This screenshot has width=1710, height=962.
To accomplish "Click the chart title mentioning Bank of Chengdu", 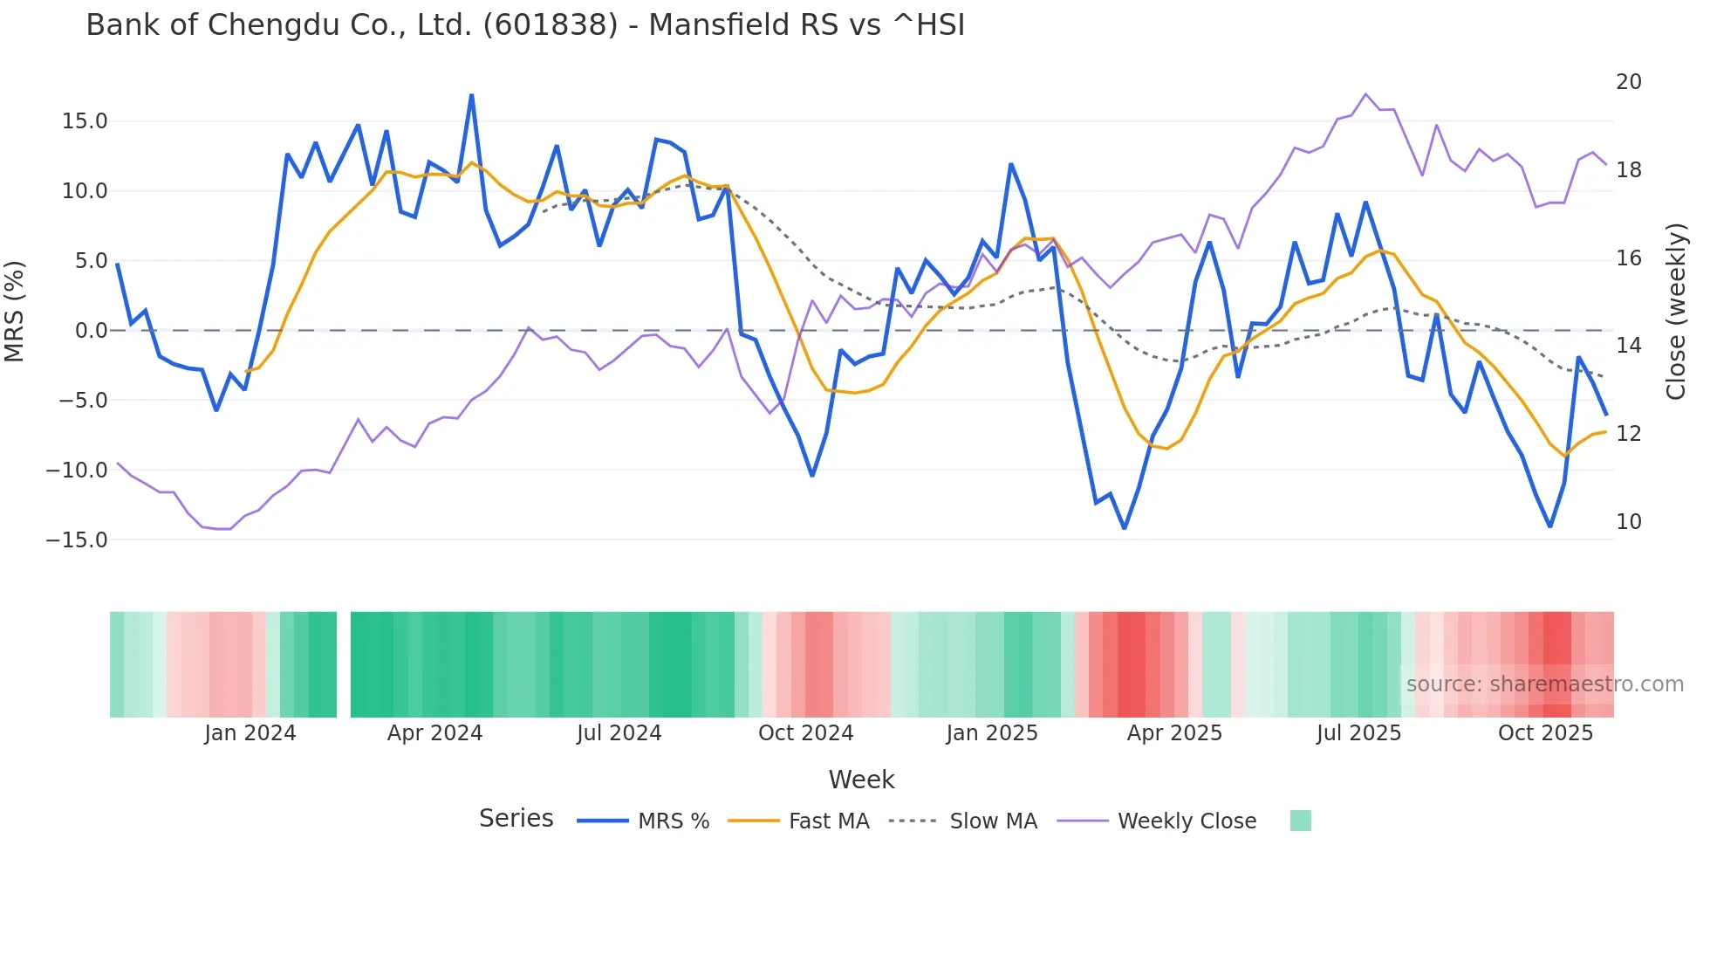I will coord(525,25).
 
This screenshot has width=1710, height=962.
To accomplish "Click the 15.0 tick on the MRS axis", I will coord(85,121).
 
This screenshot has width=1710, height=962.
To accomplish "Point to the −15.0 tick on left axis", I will coord(77,540).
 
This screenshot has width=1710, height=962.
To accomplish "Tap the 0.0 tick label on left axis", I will coord(91,331).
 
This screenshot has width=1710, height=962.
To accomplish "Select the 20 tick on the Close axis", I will coord(1628,82).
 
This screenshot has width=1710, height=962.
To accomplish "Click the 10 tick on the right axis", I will coord(1628,522).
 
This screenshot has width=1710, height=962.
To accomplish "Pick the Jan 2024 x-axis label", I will coord(250,733).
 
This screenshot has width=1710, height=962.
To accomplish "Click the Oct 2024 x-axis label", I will coord(805,733).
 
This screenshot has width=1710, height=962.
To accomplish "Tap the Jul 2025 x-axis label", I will coord(1358,733).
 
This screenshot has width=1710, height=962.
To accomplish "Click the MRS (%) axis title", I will coord(15,312).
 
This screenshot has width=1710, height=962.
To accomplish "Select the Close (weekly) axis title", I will coord(1675,312).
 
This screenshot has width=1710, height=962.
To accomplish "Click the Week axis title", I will coord(861,780).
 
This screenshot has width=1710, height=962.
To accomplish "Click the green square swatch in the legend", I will coord(1300,821).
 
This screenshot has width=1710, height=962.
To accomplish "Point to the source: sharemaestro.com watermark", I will coord(1544,684).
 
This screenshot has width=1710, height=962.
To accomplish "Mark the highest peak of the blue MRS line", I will coord(472,95).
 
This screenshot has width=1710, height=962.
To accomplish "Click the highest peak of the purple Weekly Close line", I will coord(1365,94).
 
